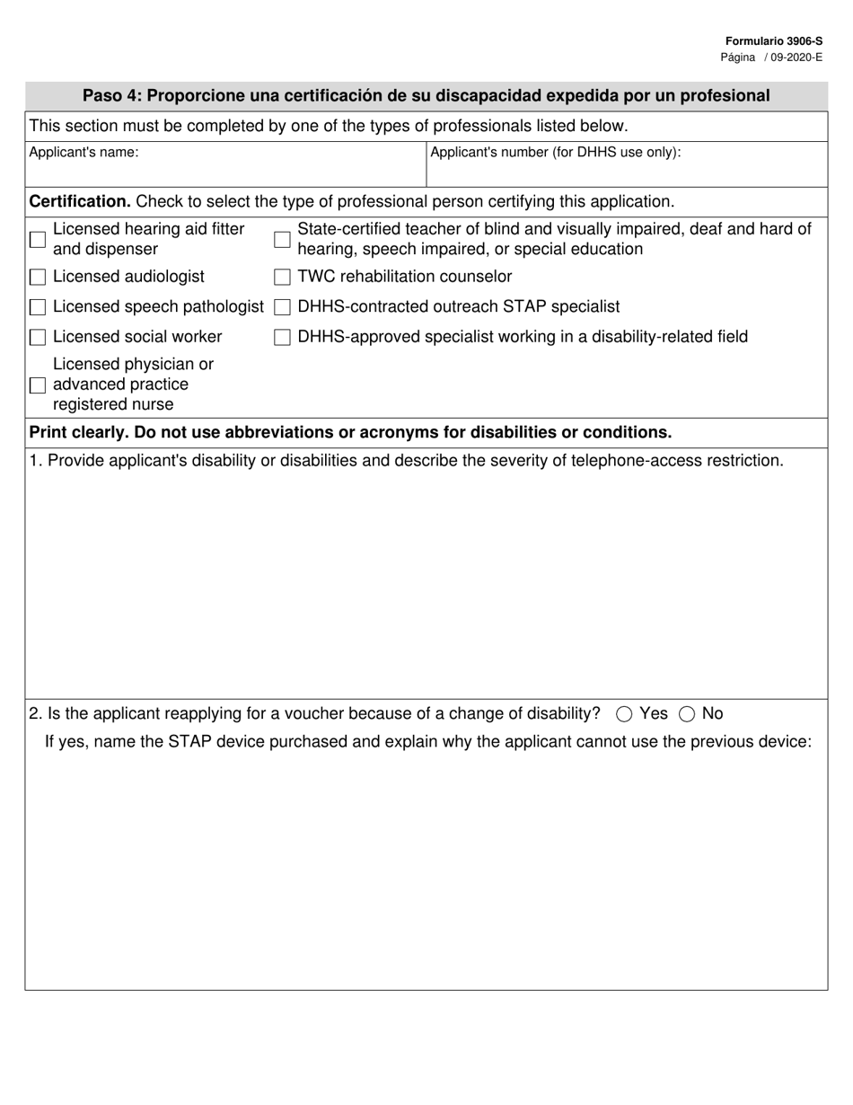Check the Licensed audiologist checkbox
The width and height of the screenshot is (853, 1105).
(38, 278)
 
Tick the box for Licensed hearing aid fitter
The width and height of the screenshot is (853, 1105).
(38, 240)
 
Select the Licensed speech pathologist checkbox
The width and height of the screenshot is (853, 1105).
(38, 308)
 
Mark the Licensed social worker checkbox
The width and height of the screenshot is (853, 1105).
(38, 338)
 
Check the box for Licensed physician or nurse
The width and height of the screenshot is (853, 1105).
(38, 385)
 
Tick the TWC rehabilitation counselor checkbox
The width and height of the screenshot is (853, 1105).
(282, 278)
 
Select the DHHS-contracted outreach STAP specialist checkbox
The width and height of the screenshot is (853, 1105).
(282, 308)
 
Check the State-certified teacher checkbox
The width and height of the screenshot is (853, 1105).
(282, 240)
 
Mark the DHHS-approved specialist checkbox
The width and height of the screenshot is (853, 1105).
(282, 338)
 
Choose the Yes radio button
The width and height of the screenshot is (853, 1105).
(624, 714)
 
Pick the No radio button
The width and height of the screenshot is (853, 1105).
(687, 714)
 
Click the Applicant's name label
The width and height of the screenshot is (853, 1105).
(84, 153)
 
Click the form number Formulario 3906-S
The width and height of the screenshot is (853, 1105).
(773, 41)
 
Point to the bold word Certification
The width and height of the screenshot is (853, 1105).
(80, 201)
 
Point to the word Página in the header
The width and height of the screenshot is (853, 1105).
(737, 57)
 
